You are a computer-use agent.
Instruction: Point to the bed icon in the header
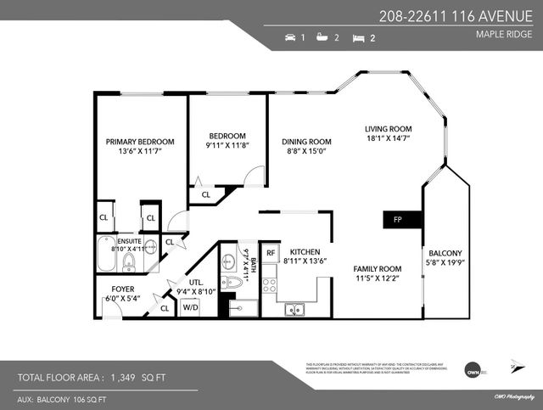tap(357, 38)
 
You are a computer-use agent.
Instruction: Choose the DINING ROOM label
tap(306, 142)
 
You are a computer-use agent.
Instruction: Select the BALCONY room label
tap(445, 253)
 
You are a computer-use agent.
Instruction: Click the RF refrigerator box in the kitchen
tap(271, 252)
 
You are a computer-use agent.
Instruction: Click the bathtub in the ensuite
tap(106, 255)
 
